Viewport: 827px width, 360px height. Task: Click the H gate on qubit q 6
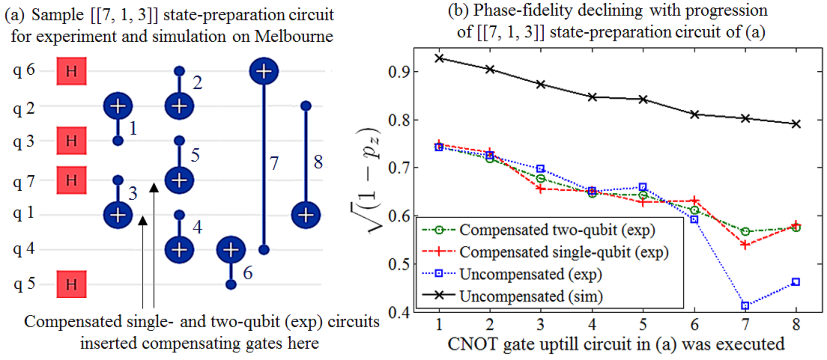[71, 71]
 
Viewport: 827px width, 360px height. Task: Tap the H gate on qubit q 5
[71, 284]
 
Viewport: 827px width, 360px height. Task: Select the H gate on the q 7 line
[71, 180]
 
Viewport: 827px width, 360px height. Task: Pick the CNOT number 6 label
[247, 273]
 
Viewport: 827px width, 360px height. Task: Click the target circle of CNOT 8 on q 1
[306, 215]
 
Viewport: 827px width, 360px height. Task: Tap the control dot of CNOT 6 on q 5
[231, 284]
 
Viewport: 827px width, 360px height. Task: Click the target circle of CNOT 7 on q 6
[264, 71]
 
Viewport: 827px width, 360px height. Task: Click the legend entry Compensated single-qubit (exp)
[563, 252]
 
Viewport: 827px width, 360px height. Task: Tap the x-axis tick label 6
[694, 325]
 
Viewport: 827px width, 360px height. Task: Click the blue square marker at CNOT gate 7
[745, 305]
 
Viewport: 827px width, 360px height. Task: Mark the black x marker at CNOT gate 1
[439, 58]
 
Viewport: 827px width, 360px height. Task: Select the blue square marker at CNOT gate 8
[796, 282]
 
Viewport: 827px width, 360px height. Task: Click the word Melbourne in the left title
[293, 36]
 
